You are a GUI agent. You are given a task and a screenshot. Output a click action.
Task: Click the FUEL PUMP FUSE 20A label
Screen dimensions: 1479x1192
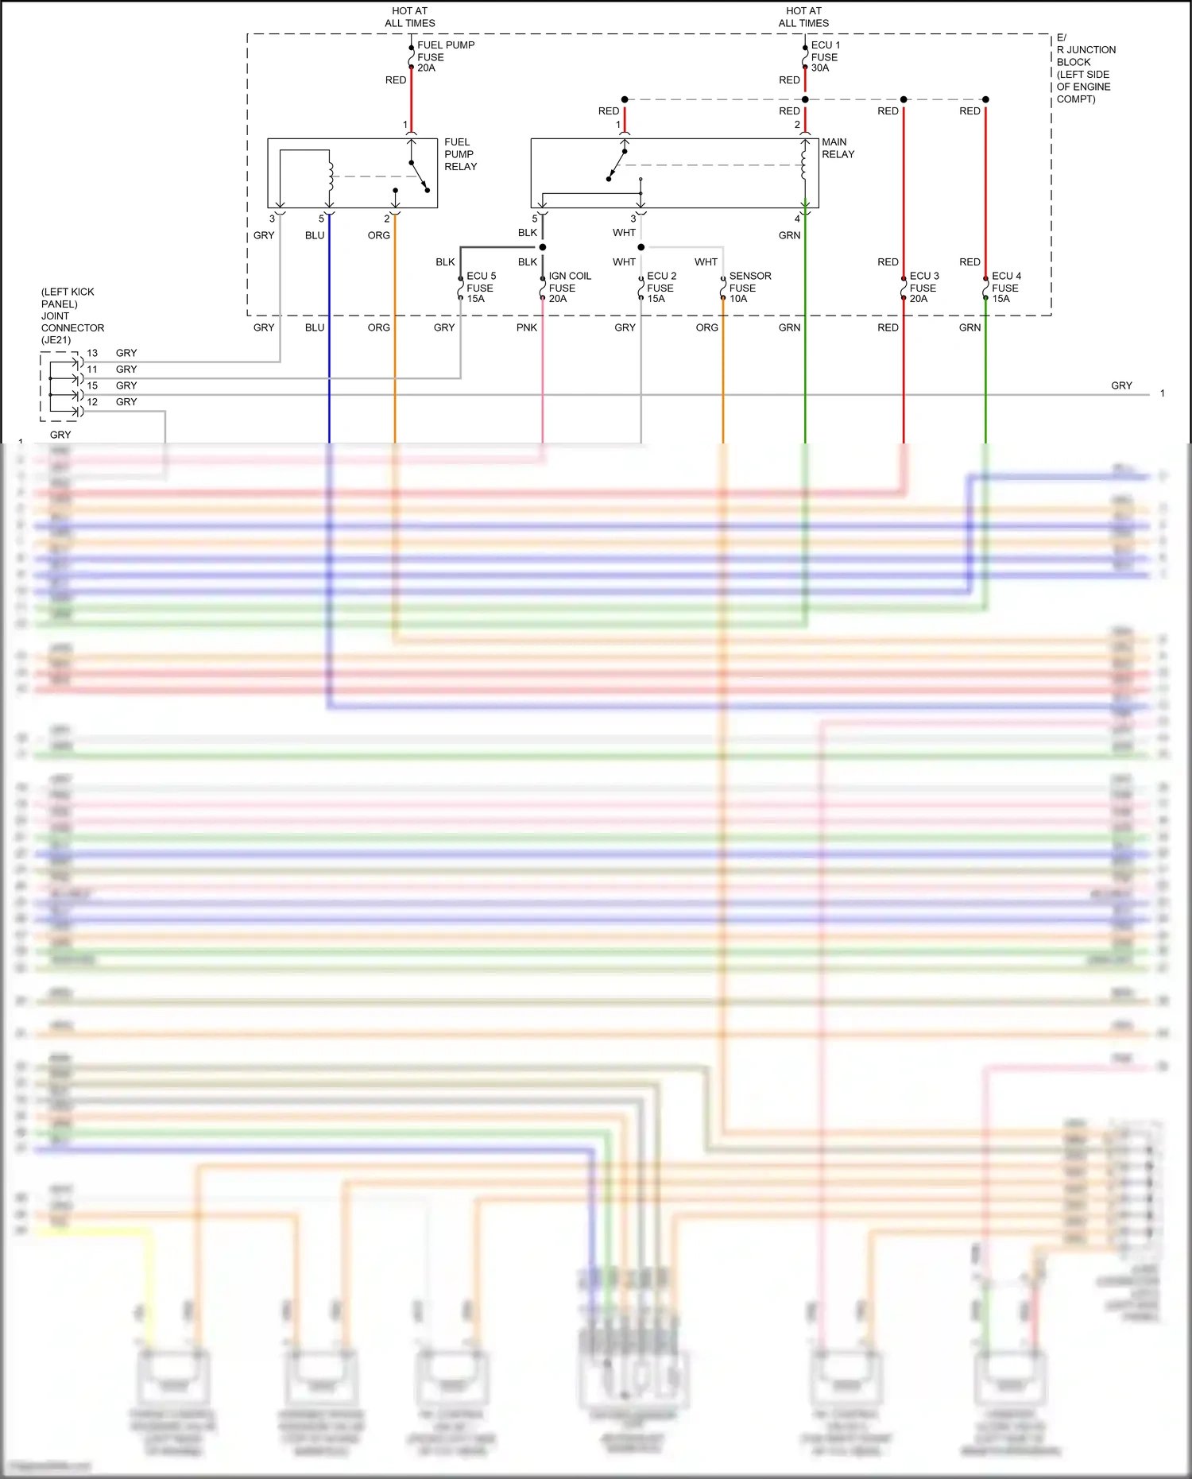pyautogui.click(x=445, y=56)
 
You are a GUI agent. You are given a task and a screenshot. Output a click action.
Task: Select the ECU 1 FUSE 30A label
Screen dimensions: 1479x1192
pyautogui.click(x=825, y=56)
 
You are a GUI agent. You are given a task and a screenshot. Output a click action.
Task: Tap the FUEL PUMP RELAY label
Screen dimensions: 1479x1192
pyautogui.click(x=460, y=154)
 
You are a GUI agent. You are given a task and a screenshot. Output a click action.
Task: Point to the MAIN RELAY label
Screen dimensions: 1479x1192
pyautogui.click(x=838, y=148)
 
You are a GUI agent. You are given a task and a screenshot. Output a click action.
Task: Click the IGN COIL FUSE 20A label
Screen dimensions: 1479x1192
pyautogui.click(x=569, y=287)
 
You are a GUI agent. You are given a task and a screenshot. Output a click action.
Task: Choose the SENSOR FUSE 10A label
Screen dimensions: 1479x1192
pyautogui.click(x=749, y=287)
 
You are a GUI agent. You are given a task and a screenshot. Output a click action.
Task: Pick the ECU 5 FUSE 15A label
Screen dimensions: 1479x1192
pyautogui.click(x=481, y=287)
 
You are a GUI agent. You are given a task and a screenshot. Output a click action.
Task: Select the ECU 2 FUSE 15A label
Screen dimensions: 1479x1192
pyautogui.click(x=661, y=287)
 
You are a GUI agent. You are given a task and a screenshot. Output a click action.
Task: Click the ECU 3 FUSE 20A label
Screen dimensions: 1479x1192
pyautogui.click(x=923, y=287)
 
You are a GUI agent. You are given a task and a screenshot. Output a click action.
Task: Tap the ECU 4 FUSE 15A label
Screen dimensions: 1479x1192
pyautogui.click(x=1006, y=287)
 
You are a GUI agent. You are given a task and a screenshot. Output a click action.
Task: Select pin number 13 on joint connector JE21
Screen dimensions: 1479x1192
pyautogui.click(x=92, y=353)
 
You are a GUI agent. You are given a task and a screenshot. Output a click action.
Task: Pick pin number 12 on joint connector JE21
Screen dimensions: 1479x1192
pyautogui.click(x=92, y=402)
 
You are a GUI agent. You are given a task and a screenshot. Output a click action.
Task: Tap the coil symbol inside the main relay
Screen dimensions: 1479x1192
pyautogui.click(x=804, y=165)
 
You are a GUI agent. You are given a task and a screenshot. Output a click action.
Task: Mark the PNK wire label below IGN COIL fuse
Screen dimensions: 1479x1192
pyautogui.click(x=527, y=327)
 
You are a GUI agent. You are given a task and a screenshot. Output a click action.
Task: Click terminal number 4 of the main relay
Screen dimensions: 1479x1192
pyautogui.click(x=797, y=219)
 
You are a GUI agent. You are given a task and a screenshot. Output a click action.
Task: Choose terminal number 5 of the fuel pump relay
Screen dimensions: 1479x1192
pyautogui.click(x=321, y=219)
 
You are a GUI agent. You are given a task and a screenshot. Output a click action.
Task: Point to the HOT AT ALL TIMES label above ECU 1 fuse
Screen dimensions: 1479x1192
pyautogui.click(x=803, y=17)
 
